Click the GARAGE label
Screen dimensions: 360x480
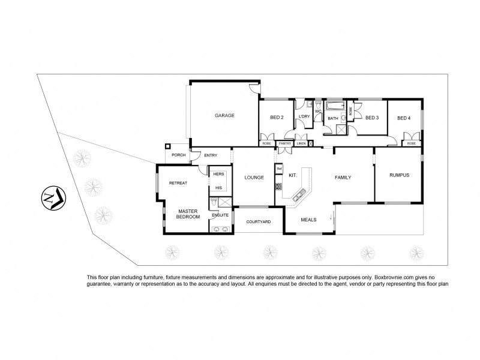pyautogui.click(x=225, y=115)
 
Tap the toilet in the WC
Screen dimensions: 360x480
pyautogui.click(x=317, y=104)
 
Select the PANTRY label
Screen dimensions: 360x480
pyautogui.click(x=285, y=143)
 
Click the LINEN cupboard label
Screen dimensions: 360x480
pyautogui.click(x=301, y=143)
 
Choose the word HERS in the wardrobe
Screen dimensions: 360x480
pyautogui.click(x=218, y=175)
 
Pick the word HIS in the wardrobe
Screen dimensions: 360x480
pyautogui.click(x=218, y=187)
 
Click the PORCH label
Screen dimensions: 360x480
pyautogui.click(x=178, y=155)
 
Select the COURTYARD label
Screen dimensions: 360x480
pyautogui.click(x=259, y=222)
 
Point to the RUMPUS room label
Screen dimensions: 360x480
pyautogui.click(x=398, y=175)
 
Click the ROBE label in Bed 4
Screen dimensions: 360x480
pyautogui.click(x=411, y=143)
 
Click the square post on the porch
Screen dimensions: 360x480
pyautogui.click(x=169, y=146)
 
